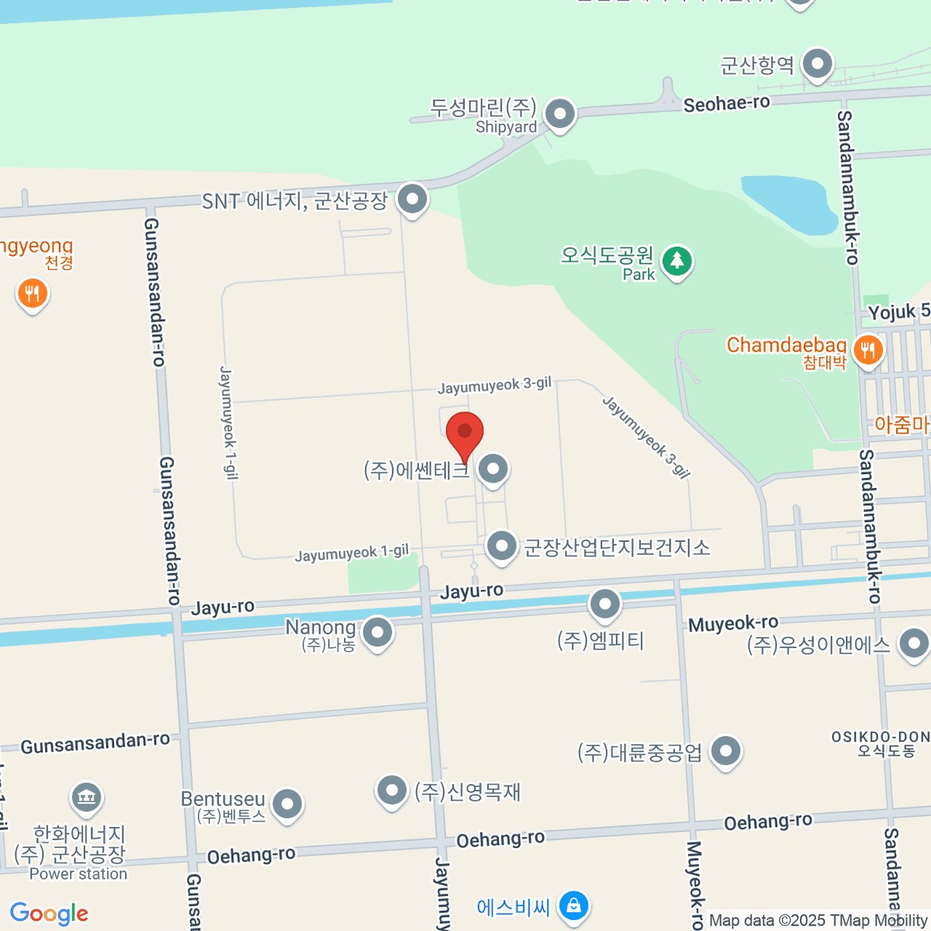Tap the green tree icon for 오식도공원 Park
677,261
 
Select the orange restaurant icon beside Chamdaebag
867,351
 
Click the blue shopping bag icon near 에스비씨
573,905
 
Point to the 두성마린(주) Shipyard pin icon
559,115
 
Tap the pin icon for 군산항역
817,65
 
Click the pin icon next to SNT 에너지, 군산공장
412,199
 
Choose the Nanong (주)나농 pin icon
377,632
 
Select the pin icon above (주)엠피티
604,604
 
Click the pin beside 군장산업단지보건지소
502,546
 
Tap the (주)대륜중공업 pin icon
725,751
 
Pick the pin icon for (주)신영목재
392,791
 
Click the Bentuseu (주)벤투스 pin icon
287,805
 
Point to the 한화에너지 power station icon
85,797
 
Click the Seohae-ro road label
726,103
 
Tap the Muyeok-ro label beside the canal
733,623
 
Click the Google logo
49,913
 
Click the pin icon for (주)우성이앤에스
913,643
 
